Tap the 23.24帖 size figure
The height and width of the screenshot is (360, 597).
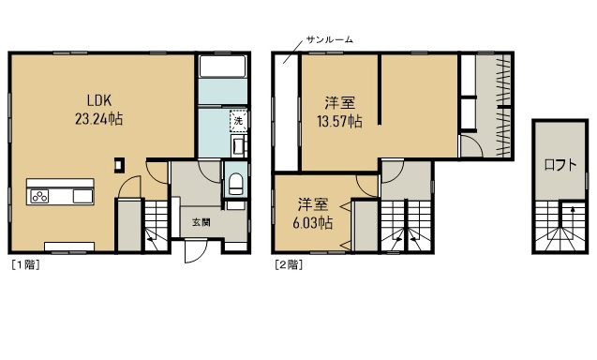click(101, 119)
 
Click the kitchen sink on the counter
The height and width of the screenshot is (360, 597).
click(80, 197)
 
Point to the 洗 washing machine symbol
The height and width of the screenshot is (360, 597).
click(238, 121)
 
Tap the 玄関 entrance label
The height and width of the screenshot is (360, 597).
click(201, 222)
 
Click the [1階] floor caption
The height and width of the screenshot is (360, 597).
click(24, 265)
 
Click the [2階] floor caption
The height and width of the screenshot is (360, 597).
click(288, 265)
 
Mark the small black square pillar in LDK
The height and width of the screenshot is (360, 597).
click(118, 165)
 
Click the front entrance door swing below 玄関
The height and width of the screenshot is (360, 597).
click(196, 250)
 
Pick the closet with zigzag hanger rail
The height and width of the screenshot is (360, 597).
click(493, 94)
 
